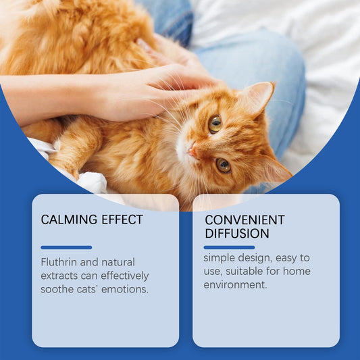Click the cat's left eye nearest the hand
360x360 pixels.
[215, 123]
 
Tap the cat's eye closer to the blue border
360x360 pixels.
[223, 165]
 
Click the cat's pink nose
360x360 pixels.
[192, 152]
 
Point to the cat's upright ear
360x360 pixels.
[259, 97]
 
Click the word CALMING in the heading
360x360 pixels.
[66, 220]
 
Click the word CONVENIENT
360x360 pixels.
[245, 220]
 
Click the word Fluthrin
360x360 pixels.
[59, 262]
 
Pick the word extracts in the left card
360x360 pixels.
[59, 276]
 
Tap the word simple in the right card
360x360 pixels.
[220, 257]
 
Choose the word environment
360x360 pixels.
[234, 285]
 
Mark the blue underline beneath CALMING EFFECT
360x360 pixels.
[66, 247]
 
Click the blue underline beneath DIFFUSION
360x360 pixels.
[229, 247]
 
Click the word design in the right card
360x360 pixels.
[257, 257]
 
